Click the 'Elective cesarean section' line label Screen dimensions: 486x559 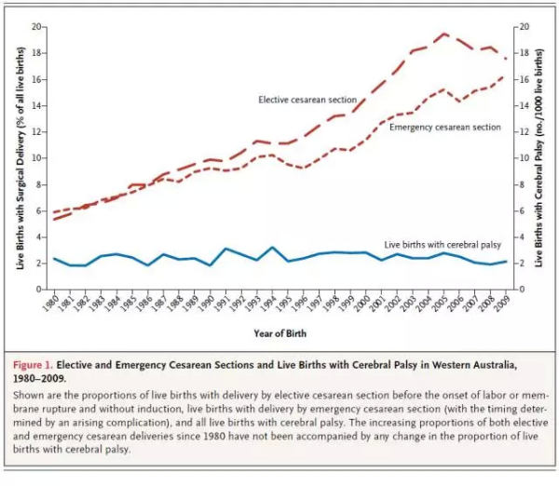tap(308, 98)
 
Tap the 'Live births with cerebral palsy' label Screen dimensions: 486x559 tap(443, 244)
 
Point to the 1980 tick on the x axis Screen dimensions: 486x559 tap(54, 290)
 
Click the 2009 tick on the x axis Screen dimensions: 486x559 tap(507, 290)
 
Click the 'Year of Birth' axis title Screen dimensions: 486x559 tap(279, 332)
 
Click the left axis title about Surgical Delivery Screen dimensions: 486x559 tap(20, 158)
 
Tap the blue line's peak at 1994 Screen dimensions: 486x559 tap(272, 248)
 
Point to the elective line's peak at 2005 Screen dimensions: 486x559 tap(444, 34)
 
